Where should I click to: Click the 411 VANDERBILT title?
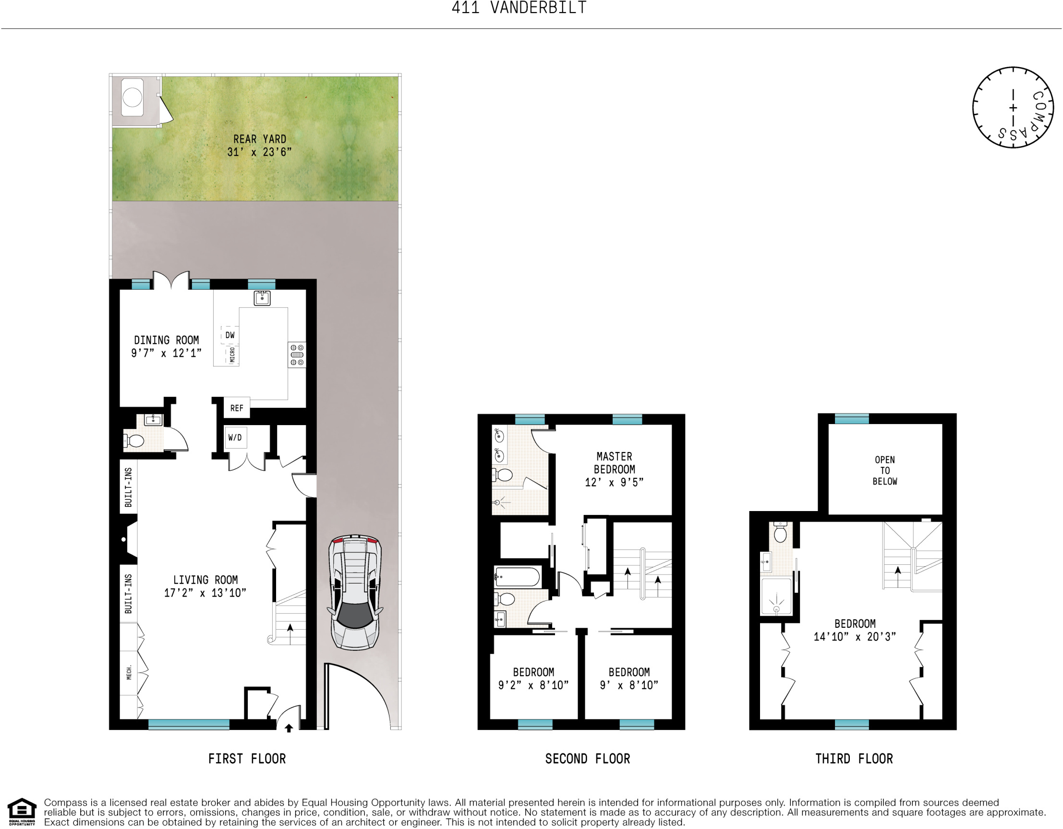pos(519,8)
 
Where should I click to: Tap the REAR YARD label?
pos(259,140)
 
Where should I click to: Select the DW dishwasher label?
pos(230,335)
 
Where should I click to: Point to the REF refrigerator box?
pos(237,408)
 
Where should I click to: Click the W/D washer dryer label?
pos(235,437)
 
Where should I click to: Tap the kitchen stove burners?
pos(297,355)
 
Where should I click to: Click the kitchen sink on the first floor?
pos(262,297)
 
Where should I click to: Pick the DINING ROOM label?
pos(167,340)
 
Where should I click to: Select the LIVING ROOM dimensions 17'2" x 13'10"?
pos(205,593)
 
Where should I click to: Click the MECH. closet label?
pos(129,672)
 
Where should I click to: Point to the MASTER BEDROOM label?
pos(614,463)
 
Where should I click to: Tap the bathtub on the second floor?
pos(517,577)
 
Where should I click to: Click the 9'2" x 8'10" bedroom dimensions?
pos(533,685)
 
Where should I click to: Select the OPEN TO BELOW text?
pos(884,471)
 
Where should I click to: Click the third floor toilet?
pos(780,533)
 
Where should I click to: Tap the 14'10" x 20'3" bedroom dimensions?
pos(855,637)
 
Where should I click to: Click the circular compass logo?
pos(1014,108)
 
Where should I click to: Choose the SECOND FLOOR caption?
pos(588,759)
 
